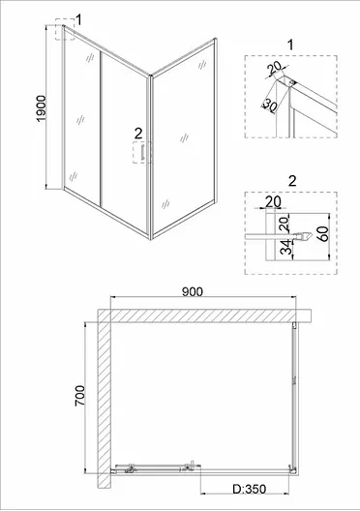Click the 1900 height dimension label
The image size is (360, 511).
42,108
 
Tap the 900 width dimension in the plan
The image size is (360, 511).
193,291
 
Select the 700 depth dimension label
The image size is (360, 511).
79,396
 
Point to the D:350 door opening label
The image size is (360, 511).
250,489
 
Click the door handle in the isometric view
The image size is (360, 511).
142,153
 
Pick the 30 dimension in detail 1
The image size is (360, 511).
269,105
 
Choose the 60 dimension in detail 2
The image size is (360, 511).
324,232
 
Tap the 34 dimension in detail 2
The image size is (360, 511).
285,247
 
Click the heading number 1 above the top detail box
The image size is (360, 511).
290,45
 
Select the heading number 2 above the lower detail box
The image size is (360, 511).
292,181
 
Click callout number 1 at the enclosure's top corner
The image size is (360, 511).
78,19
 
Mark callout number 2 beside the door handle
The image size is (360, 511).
138,134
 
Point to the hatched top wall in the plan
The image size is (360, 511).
204,316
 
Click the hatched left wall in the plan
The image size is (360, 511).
105,398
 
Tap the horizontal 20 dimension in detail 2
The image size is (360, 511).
273,201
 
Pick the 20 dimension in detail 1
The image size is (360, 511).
274,69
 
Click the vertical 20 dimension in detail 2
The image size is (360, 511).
285,224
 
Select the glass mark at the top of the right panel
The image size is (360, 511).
202,65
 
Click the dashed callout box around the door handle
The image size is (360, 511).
142,153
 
